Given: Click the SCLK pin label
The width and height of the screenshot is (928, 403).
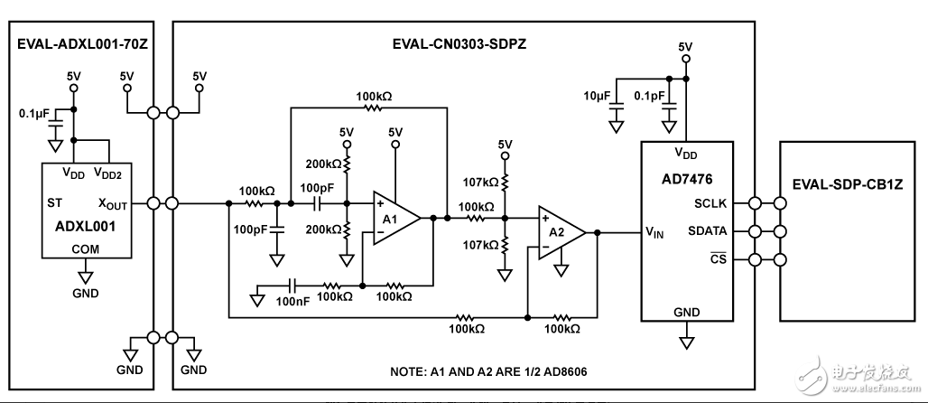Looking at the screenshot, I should pyautogui.click(x=710, y=202).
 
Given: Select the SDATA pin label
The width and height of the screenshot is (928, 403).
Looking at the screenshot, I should pyautogui.click(x=707, y=231).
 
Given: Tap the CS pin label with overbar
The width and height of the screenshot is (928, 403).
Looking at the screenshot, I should pyautogui.click(x=717, y=260).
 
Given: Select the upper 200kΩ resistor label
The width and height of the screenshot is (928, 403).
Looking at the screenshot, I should pyautogui.click(x=323, y=164).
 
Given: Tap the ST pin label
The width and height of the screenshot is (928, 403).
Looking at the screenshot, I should pyautogui.click(x=54, y=203).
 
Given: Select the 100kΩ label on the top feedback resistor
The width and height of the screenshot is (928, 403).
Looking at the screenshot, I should pyautogui.click(x=373, y=95).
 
